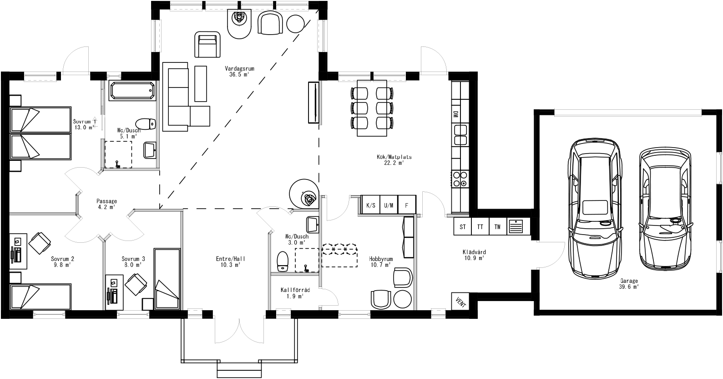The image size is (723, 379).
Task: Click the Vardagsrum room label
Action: point(239,72)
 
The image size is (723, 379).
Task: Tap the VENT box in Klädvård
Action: point(460,302)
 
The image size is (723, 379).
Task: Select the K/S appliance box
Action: point(371,205)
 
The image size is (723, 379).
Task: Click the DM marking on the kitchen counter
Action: point(455,115)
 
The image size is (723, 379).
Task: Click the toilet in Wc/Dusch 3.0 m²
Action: point(283,262)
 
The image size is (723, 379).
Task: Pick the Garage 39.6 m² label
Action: point(628,284)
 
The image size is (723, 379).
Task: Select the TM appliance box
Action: point(497,227)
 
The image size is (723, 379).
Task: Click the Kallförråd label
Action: point(295,292)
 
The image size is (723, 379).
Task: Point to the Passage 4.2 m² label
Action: point(107,204)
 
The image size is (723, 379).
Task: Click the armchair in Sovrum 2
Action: point(40,242)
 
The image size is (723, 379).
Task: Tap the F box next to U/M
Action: point(407,205)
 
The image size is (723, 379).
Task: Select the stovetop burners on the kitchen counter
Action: point(460,179)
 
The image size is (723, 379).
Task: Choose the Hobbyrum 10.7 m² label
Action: point(381,261)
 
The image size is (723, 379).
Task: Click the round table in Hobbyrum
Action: point(403,299)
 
